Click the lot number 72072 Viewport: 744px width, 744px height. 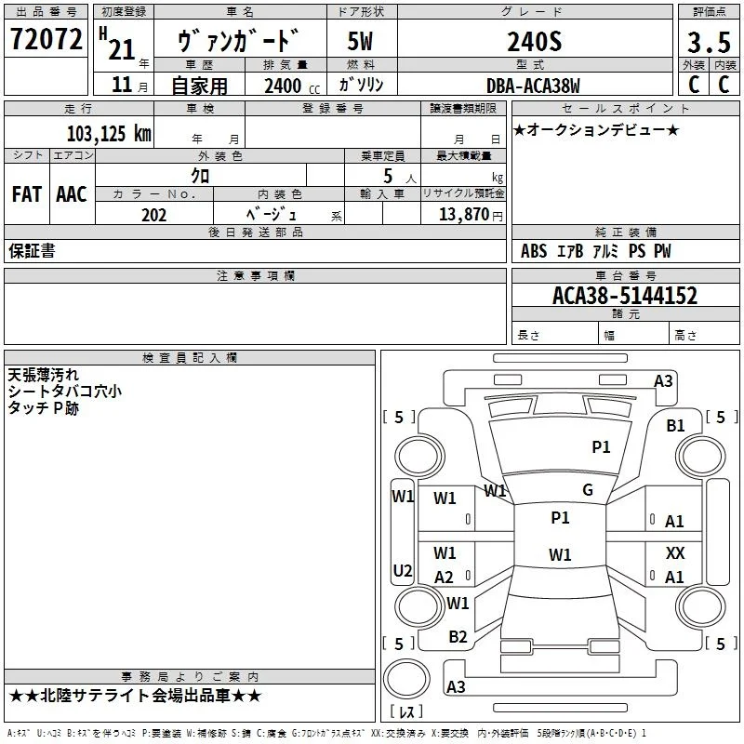pos(46,39)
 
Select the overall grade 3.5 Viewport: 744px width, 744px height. pos(709,42)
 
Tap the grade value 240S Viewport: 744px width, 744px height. pos(534,42)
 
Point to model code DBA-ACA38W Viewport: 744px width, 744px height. pos(533,86)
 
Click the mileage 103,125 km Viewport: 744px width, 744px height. pos(109,133)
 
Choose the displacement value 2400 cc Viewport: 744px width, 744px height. pos(292,86)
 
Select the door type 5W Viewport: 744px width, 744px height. pos(360,41)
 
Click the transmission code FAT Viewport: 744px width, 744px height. pos(27,194)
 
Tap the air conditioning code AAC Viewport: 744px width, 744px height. pos(72,194)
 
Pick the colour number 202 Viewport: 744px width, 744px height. pos(153,215)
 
